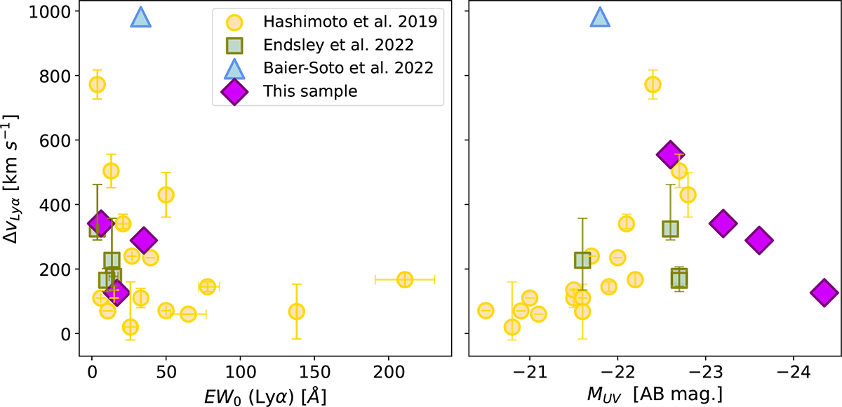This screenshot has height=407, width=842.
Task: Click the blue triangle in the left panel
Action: coord(140,18)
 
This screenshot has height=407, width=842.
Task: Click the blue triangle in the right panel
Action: coord(600,18)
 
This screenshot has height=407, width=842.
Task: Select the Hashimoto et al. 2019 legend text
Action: coord(350,22)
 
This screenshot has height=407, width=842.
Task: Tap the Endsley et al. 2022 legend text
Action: coord(338,45)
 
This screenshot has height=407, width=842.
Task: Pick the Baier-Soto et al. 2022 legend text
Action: coord(348,68)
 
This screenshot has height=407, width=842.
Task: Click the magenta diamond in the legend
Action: coord(234,92)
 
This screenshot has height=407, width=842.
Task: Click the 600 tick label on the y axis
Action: coord(55,141)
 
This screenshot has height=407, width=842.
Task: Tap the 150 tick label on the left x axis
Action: coord(314,373)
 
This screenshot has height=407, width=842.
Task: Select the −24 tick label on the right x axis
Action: coord(794,373)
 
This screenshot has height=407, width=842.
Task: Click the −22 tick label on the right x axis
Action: coord(617,373)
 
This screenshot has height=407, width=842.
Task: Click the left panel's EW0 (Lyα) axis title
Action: coord(265,396)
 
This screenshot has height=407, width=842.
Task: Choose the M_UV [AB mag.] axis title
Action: coord(655,394)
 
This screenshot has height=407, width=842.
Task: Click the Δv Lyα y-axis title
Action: coord(11,178)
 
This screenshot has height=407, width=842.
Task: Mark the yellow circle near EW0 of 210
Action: coord(404,279)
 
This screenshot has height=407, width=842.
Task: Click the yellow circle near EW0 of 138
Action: coord(297,312)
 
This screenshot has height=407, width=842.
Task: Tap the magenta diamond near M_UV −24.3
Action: coord(824,293)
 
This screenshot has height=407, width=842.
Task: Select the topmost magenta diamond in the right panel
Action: coord(670,154)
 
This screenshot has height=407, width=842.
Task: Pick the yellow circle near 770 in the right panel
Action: coord(653,84)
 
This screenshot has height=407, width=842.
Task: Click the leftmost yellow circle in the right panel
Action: coord(486,311)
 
